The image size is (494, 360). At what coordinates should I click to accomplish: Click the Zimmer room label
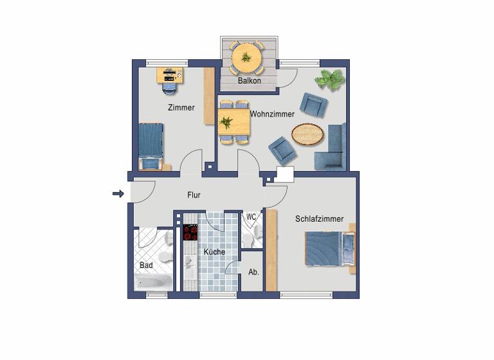pos(181,107)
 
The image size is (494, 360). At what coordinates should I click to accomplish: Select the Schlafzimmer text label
pos(319,219)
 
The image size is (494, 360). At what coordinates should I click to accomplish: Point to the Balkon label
pos(249,81)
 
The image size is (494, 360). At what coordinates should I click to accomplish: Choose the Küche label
pos(214,252)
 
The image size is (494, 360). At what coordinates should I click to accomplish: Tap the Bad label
pos(146,265)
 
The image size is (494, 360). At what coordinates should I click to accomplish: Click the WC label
pos(252,217)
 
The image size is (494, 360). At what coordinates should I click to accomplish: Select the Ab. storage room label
pos(253,272)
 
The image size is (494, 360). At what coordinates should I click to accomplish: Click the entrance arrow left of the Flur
pos(117,193)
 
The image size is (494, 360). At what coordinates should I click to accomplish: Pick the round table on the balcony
pos(245,57)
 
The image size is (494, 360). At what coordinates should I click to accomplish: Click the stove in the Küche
pos(190,232)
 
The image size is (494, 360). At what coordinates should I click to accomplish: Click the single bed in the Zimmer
pos(151,145)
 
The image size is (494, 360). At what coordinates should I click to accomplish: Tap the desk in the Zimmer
pos(170,75)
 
